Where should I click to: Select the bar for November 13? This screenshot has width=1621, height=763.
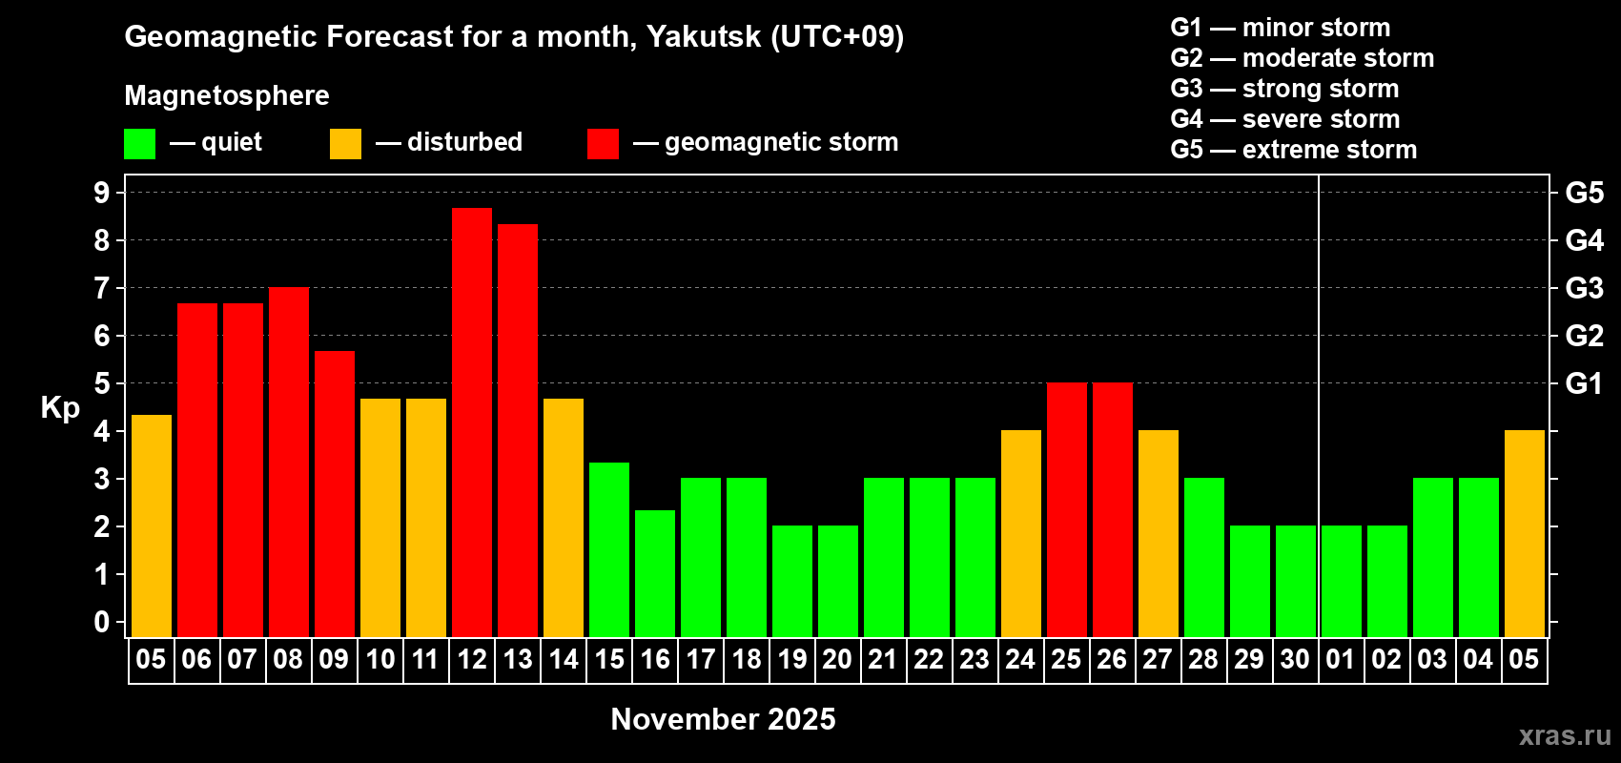(518, 430)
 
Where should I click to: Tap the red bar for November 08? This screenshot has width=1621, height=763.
(289, 462)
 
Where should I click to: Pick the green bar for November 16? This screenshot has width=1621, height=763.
(655, 573)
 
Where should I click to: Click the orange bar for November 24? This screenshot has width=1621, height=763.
(1021, 533)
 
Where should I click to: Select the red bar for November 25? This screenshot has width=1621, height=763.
(1067, 509)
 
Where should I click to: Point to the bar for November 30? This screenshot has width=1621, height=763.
(1296, 581)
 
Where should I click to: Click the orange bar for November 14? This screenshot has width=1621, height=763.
(564, 518)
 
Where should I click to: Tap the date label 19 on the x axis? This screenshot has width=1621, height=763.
(792, 659)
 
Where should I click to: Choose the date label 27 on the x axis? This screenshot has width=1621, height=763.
(1158, 659)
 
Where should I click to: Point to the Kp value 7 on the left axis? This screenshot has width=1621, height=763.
(102, 288)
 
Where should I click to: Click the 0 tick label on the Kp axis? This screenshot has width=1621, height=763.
(102, 622)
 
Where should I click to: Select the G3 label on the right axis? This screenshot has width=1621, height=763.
(1584, 288)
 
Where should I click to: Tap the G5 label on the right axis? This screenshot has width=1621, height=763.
(1584, 193)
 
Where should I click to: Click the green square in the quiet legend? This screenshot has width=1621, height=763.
(140, 144)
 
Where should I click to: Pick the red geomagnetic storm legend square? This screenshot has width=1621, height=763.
(603, 144)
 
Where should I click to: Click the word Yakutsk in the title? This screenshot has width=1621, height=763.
(704, 36)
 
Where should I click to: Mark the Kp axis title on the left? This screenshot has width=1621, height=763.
(60, 407)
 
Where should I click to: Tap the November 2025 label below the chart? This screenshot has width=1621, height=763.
(723, 719)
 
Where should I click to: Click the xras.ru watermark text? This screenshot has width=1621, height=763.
(1565, 735)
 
